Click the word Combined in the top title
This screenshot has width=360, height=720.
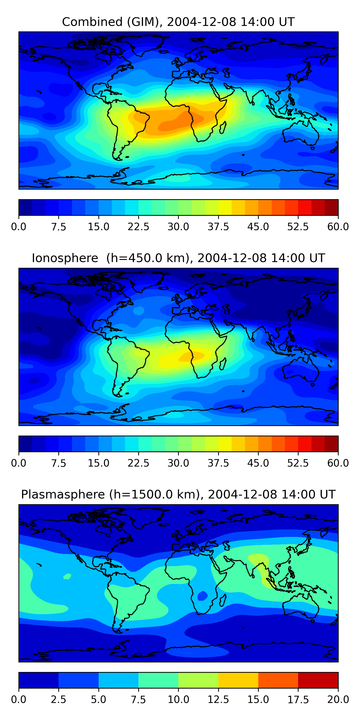click(92, 22)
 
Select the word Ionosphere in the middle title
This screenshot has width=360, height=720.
click(65, 258)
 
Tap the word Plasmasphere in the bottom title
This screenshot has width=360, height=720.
click(63, 494)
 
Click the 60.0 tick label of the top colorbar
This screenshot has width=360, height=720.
click(338, 227)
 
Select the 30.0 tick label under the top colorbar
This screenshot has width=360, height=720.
click(178, 227)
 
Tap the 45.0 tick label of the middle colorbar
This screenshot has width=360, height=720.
click(258, 463)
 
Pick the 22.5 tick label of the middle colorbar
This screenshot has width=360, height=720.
click(138, 463)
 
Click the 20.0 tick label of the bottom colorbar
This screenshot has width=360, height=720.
click(338, 700)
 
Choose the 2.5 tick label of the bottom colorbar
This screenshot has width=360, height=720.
click(58, 700)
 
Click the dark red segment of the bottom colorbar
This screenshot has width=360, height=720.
click(318, 680)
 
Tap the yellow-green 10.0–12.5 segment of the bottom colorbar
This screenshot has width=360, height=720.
click(198, 680)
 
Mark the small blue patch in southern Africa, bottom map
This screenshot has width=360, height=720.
click(202, 596)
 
